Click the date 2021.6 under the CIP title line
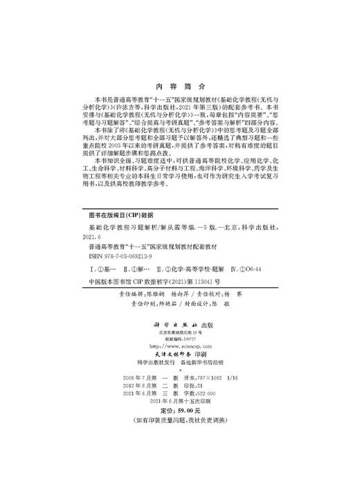pyautogui.click(x=90, y=235)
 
